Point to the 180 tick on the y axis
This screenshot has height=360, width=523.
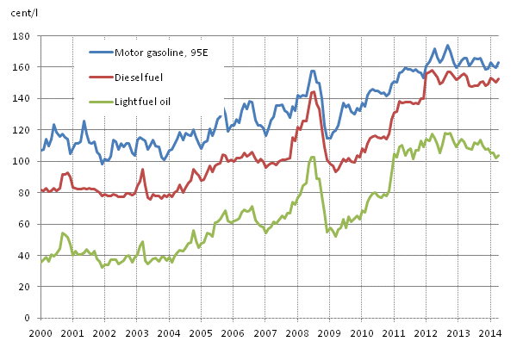[x=19, y=36]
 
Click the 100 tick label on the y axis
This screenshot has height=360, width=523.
[x=19, y=161]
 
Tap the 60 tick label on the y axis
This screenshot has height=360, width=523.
[x=22, y=224]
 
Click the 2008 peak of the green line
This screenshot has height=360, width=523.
[x=313, y=157]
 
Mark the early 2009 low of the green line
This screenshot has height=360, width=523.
[x=336, y=236]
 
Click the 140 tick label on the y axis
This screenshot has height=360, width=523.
[x=19, y=99]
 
